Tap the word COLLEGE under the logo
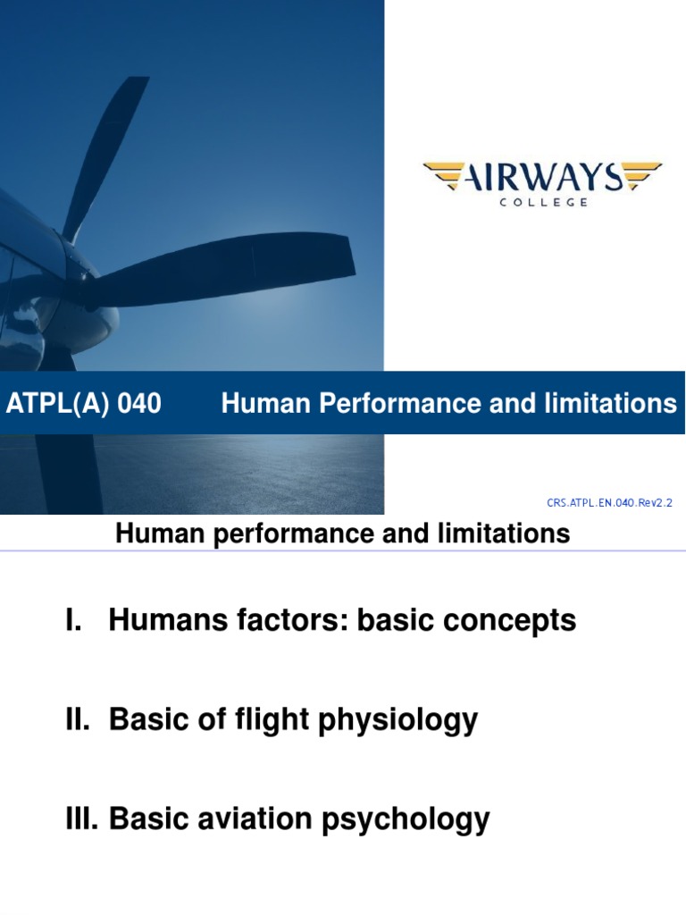click(x=541, y=203)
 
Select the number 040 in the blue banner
click(x=139, y=405)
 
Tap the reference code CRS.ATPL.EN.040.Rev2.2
click(x=609, y=504)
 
